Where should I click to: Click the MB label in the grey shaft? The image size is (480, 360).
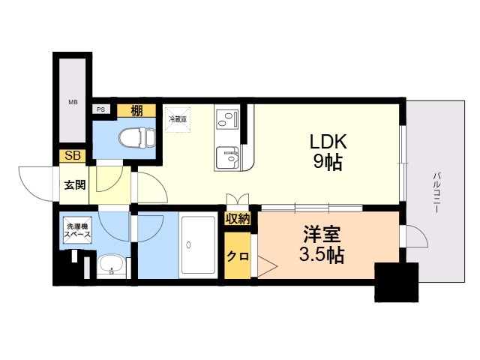tap(73, 102)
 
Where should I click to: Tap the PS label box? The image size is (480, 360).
tap(100, 109)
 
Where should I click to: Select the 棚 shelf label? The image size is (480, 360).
tap(136, 110)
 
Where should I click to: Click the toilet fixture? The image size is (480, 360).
tap(137, 137)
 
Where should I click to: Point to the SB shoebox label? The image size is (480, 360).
tap(73, 156)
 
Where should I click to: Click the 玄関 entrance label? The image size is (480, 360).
tap(75, 185)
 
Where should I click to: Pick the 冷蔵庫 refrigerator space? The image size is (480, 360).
tap(178, 119)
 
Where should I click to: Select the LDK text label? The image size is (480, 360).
tap(328, 142)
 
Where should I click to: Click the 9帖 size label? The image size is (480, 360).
tap(328, 162)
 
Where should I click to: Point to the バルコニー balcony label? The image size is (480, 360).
tap(437, 193)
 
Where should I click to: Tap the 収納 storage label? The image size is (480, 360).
tap(238, 218)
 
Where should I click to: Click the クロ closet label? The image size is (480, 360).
tap(238, 256)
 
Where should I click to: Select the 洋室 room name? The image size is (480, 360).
tap(322, 235)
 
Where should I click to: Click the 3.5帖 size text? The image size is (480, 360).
tap(322, 255)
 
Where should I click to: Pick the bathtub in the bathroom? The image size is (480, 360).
tap(198, 245)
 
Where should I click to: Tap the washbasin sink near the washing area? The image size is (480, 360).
tap(111, 265)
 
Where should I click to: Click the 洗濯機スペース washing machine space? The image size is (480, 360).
tap(77, 230)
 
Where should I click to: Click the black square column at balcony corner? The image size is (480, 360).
tap(397, 282)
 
